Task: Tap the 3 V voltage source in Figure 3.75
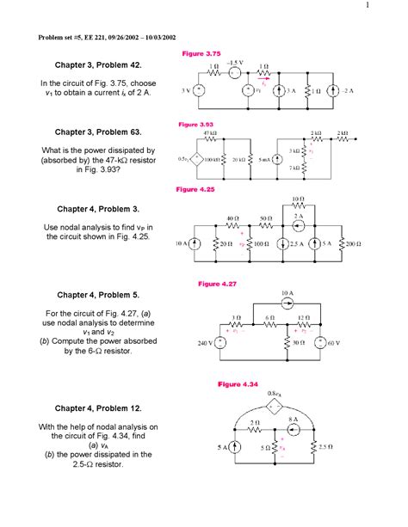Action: (201, 89)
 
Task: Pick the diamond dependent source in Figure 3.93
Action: (196, 160)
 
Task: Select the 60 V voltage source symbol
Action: (322, 342)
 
